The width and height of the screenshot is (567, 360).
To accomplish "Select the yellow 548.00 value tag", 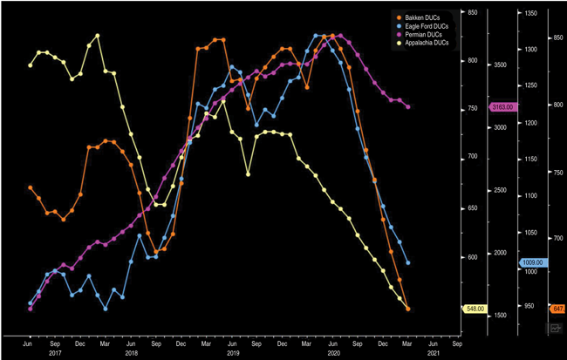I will (x=475, y=309).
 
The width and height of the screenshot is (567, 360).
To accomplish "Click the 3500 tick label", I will (x=500, y=65).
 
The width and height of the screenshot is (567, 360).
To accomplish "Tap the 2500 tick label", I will (x=500, y=190).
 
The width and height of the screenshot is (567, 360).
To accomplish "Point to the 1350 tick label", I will (x=530, y=13).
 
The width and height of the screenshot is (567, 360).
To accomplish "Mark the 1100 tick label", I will (x=530, y=195).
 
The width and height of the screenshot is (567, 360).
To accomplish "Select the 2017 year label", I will (x=55, y=353).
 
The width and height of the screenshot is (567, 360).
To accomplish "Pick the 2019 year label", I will (x=232, y=353).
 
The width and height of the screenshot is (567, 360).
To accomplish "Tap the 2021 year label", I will (x=434, y=353).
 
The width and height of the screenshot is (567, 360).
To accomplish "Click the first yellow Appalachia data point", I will (x=31, y=65).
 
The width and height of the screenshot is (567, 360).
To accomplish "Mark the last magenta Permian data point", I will (x=407, y=106).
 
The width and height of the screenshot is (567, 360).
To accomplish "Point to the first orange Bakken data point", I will (x=31, y=187).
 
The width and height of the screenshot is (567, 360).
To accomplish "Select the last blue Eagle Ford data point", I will (x=407, y=262).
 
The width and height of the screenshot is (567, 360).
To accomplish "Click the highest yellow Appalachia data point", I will (x=97, y=36).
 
